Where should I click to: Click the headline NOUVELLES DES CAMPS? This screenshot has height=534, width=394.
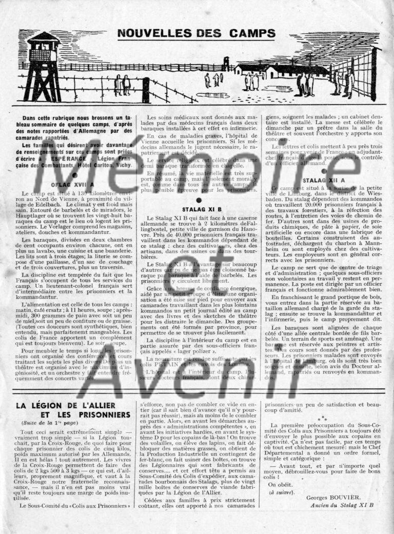tap(196, 34)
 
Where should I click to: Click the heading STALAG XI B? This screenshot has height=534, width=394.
tap(202, 209)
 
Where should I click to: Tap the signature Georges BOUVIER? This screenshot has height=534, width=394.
tap(333, 497)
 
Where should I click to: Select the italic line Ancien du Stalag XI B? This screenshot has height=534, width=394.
tap(343, 504)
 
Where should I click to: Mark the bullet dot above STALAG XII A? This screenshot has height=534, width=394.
tap(323, 171)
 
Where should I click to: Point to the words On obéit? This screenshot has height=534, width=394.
tap(279, 484)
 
